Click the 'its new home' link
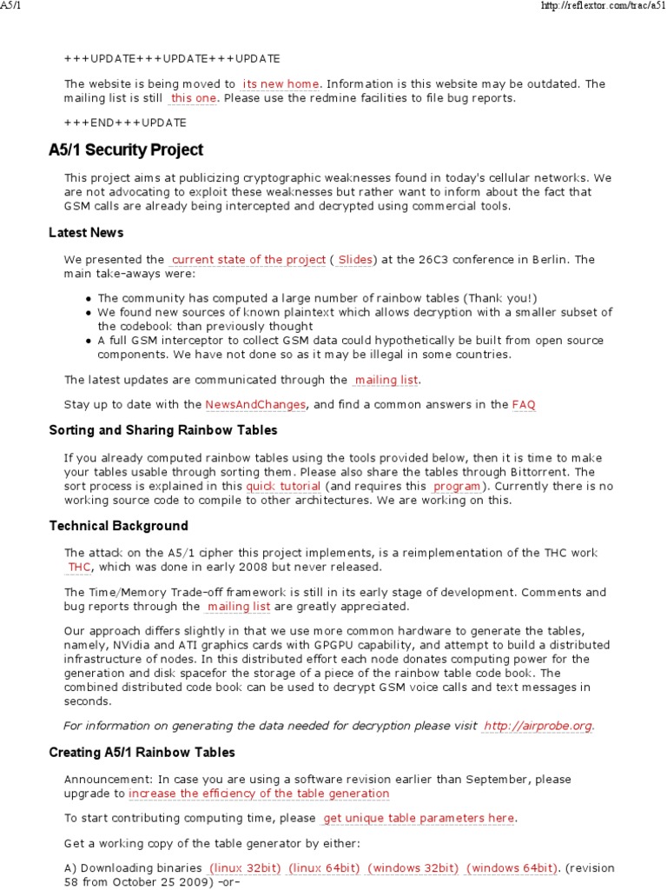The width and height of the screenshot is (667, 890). click(281, 84)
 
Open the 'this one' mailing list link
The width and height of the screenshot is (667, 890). click(194, 98)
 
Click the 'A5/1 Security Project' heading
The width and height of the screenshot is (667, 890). click(126, 150)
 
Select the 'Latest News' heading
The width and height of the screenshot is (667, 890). click(86, 233)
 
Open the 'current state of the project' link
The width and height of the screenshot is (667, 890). click(248, 260)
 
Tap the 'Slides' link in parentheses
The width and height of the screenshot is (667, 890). click(354, 260)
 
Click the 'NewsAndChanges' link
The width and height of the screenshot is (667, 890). click(255, 405)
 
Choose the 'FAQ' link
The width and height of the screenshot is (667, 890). click(524, 405)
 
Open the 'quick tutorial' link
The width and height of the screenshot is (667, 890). click(283, 487)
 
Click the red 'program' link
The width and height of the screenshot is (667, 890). click(457, 487)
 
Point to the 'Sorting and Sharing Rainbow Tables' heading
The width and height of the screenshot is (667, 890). click(163, 430)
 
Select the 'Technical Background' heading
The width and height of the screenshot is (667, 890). click(118, 526)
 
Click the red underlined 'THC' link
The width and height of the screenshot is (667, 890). click(79, 568)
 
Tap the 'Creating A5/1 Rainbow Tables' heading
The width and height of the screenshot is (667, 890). click(142, 752)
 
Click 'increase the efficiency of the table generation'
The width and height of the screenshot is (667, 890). click(259, 794)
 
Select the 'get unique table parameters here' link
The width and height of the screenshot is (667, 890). click(419, 819)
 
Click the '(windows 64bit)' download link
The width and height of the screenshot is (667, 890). click(512, 868)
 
